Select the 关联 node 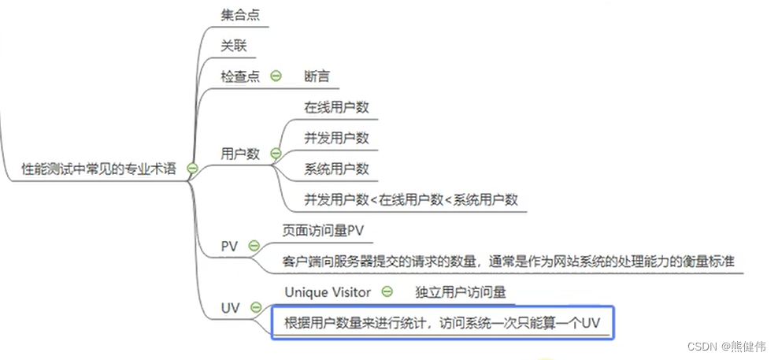click(234, 46)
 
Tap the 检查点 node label click(240, 76)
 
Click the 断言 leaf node click(317, 76)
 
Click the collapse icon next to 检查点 click(276, 76)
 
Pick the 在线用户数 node click(337, 107)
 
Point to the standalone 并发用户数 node click(337, 138)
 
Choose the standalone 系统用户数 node click(337, 169)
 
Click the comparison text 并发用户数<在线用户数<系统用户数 click(411, 199)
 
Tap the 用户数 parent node click(240, 154)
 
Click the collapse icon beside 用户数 click(276, 154)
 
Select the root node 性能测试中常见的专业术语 click(100, 169)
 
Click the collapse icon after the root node click(192, 169)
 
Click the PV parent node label click(229, 246)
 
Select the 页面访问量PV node click(324, 230)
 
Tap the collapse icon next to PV click(254, 246)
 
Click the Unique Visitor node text click(327, 291)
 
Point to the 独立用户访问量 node click(460, 291)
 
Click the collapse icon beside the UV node click(255, 307)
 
